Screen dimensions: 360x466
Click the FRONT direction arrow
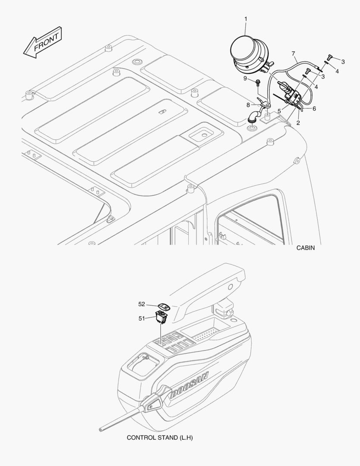pos(43,42)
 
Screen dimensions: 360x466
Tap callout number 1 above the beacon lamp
pos(246,19)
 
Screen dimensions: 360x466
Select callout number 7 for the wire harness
pos(294,54)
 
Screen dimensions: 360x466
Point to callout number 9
pos(245,79)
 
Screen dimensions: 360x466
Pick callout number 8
pos(248,104)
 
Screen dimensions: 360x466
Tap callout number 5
pos(279,111)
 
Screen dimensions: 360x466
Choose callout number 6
pos(314,108)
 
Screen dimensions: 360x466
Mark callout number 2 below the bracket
pos(298,123)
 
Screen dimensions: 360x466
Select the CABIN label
pos(305,248)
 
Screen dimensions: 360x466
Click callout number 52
pos(142,304)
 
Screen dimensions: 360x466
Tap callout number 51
pos(142,318)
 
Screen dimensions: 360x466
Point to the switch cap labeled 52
pos(164,306)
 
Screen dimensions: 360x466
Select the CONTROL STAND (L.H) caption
pos(160,438)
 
